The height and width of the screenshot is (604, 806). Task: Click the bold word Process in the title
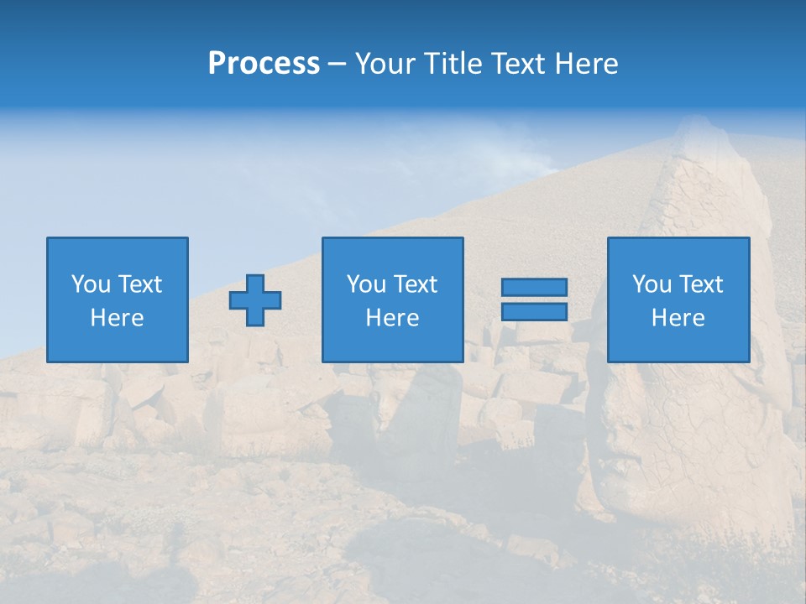(x=264, y=64)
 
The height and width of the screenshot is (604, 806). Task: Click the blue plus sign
(x=255, y=300)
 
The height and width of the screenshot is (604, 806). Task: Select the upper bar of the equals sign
(x=534, y=287)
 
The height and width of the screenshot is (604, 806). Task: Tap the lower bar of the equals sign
(x=534, y=311)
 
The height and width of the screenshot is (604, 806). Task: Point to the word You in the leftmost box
(x=90, y=284)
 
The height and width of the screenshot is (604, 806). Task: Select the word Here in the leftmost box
(x=117, y=318)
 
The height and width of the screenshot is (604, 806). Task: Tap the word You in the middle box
(x=365, y=284)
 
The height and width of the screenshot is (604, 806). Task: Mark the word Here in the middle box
(x=392, y=318)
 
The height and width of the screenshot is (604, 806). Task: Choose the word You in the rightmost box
(x=651, y=284)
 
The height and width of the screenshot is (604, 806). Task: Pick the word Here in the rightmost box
(x=678, y=318)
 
